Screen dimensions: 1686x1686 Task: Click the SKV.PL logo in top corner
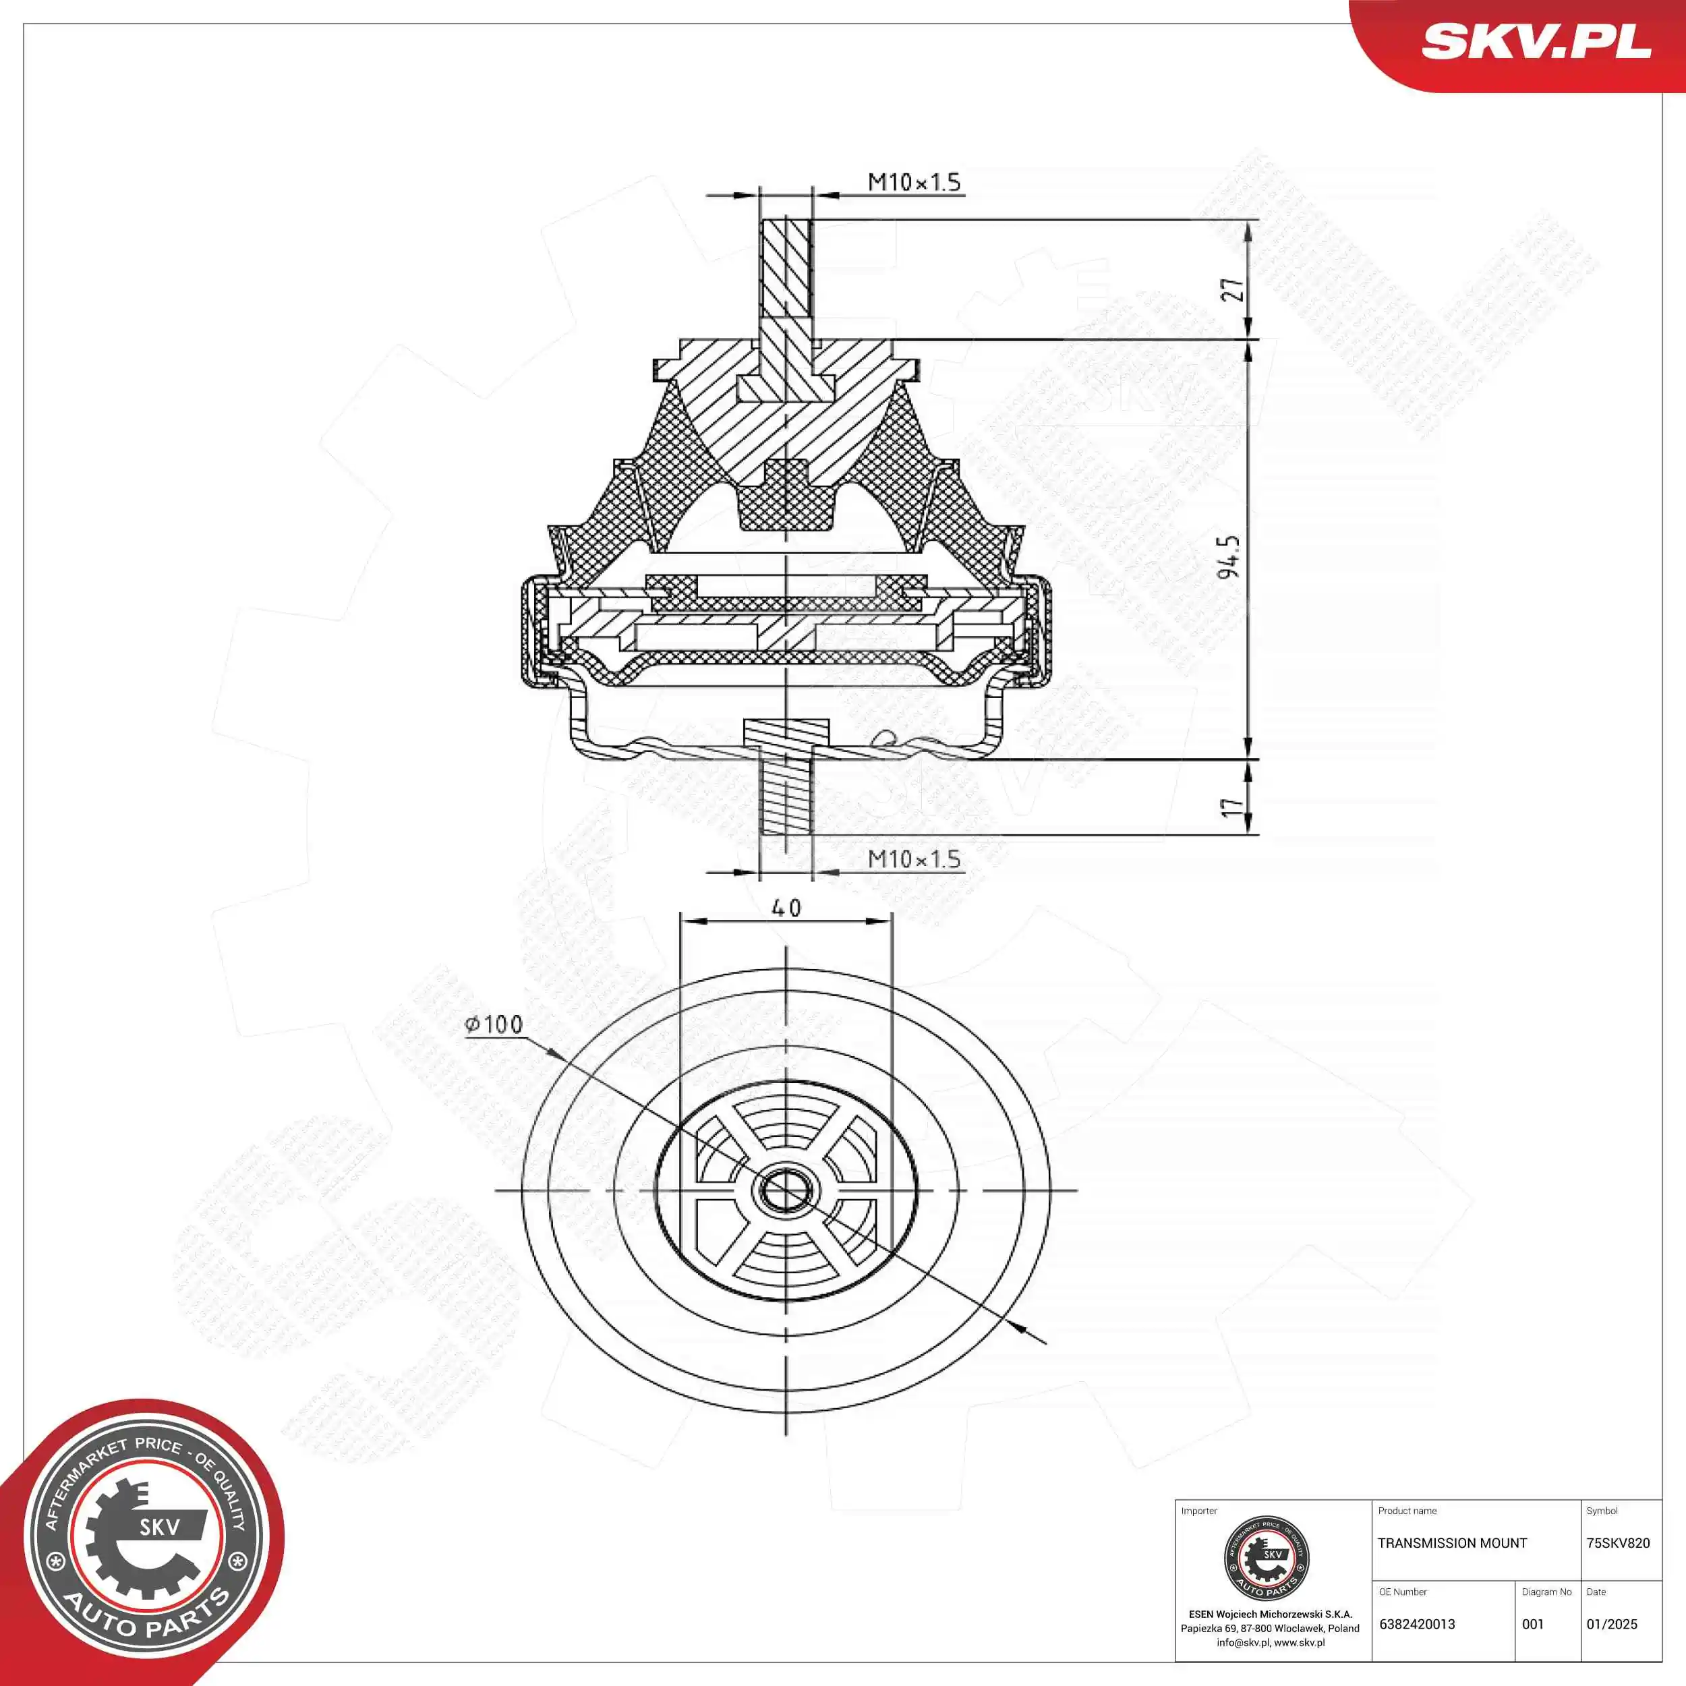pos(1536,41)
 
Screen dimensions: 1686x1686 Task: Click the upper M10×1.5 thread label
pos(914,182)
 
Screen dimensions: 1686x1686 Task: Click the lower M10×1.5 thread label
pos(914,859)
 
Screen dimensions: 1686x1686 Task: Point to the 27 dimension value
pos(1231,290)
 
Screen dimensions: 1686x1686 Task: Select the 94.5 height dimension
pos(1229,558)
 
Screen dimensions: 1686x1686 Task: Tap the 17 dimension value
pos(1231,807)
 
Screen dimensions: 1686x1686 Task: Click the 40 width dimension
pos(786,908)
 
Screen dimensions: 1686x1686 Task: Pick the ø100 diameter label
pos(494,1024)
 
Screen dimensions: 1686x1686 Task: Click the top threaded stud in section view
pos(786,270)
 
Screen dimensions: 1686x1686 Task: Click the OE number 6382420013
pos(1417,1624)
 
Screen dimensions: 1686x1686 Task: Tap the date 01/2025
pos(1612,1624)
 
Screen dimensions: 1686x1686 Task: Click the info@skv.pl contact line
pos(1270,1642)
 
